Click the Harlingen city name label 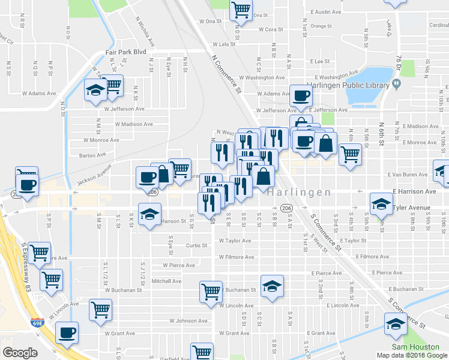[x=298, y=193]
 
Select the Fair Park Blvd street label [x=127, y=52]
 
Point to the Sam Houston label [x=412, y=347]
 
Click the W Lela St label [x=226, y=44]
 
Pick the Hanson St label [x=173, y=221]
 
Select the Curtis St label [x=196, y=245]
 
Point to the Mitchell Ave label [x=166, y=281]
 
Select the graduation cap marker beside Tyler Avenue [x=381, y=205]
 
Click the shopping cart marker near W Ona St [x=240, y=9]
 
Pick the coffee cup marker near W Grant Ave [x=67, y=332]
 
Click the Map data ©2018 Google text [x=412, y=355]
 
